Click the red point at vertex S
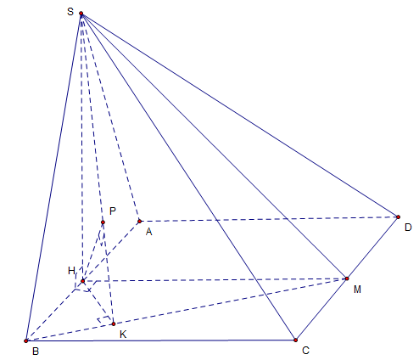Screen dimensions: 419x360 81,14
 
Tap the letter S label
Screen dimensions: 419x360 70,12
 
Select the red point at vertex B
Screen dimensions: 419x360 26,341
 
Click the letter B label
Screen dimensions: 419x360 36,352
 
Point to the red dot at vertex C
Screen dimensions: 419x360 296,340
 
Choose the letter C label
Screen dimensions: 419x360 305,351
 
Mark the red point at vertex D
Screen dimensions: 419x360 399,217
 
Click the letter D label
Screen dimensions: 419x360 408,228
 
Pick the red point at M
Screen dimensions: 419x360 347,278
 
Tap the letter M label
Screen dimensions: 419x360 357,290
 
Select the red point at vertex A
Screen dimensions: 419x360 140,221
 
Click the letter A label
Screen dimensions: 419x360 149,232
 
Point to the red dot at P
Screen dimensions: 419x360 103,222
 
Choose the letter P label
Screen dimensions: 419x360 113,211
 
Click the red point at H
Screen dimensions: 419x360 83,281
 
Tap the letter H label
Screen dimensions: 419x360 71,271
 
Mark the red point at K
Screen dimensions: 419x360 114,323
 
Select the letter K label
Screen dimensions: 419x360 123,335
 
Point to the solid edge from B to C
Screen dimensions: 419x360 161,340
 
